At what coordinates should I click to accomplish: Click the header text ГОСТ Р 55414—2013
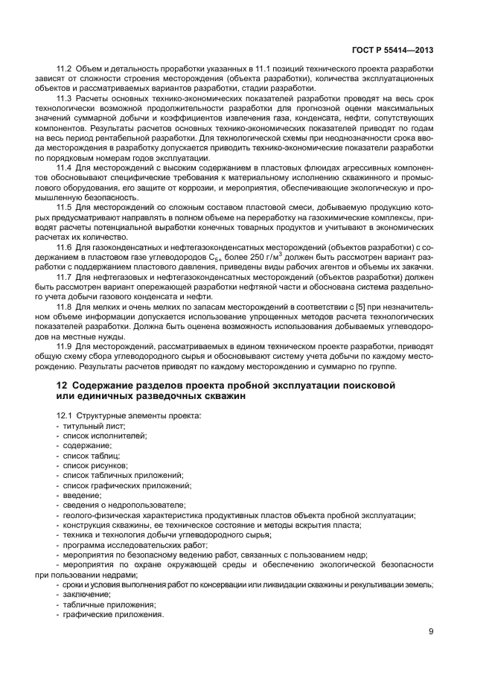tap(397, 51)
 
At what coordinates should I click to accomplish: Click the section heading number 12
tap(62, 385)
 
